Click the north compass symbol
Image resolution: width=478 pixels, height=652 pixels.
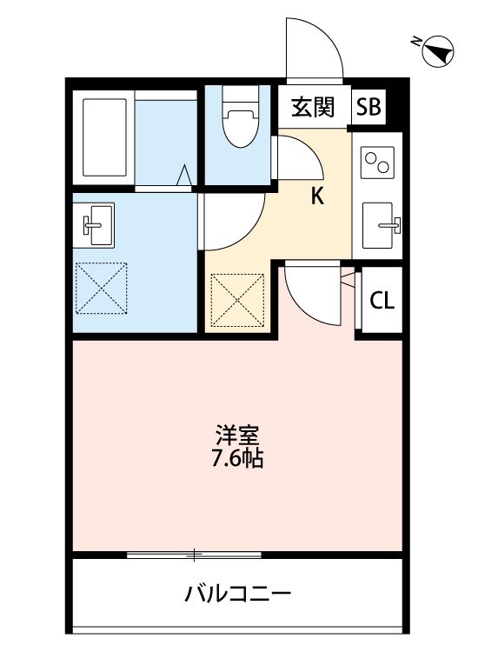pos(435,52)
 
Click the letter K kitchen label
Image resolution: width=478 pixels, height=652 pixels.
pos(317,196)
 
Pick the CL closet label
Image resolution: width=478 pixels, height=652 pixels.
pos(382,301)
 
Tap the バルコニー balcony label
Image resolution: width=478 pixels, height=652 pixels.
pos(237,595)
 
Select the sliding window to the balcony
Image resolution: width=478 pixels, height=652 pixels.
pos(194,554)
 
